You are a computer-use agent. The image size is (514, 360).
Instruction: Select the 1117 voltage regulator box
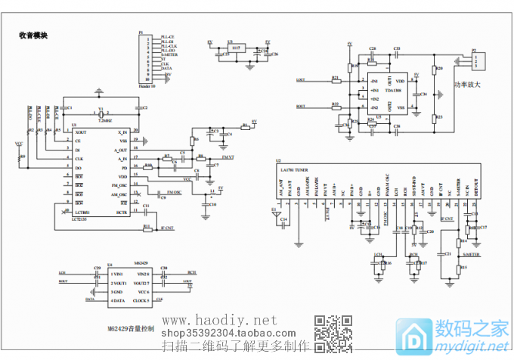tap(236, 48)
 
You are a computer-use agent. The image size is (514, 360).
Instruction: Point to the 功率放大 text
tap(467, 85)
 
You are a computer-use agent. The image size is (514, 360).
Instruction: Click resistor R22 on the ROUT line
tap(335, 107)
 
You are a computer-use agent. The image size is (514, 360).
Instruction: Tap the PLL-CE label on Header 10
tap(167, 37)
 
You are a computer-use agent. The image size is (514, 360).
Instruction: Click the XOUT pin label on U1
tap(81, 132)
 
